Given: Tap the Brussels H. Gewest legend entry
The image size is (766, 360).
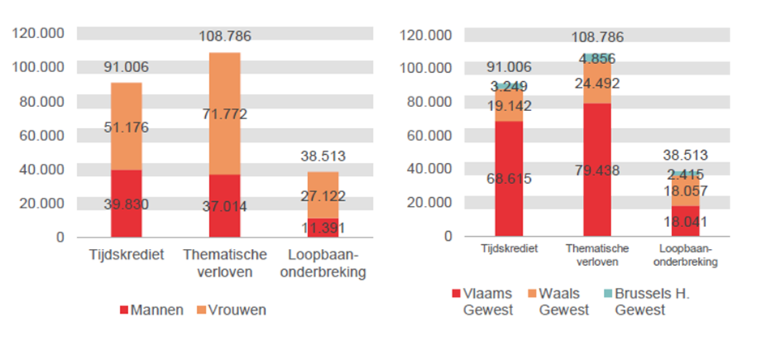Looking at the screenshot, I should click(x=652, y=302).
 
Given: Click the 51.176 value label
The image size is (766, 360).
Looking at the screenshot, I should click(x=126, y=127).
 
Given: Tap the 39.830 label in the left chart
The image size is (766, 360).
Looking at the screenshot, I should click(x=126, y=204).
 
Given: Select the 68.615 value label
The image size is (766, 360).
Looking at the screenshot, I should click(x=509, y=178).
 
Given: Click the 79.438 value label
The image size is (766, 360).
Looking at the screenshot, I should click(x=597, y=169).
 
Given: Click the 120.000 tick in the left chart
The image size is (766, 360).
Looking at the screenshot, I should click(x=38, y=33).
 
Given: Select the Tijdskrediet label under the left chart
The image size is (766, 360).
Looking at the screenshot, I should click(x=126, y=255).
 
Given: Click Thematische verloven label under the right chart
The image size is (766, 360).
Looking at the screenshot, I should click(x=597, y=256).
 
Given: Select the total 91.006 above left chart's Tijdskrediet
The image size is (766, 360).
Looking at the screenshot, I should click(x=126, y=67).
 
